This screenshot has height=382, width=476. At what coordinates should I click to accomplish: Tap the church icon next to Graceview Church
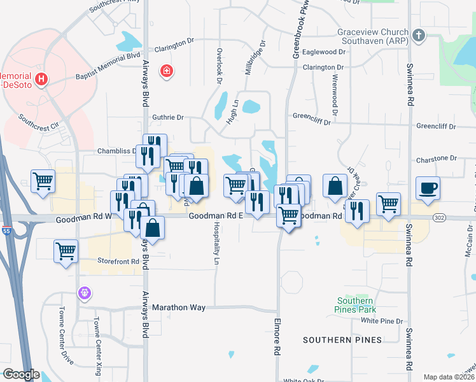pyautogui.click(x=418, y=36)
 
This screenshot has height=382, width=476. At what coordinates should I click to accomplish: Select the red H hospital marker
pyautogui.click(x=41, y=80)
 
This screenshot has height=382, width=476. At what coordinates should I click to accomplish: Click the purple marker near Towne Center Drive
pyautogui.click(x=85, y=294)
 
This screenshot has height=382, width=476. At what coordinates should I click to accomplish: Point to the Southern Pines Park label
pyautogui.click(x=355, y=305)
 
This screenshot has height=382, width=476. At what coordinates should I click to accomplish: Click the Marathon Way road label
pyautogui.click(x=179, y=308)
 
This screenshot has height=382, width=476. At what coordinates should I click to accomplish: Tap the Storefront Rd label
pyautogui.click(x=118, y=262)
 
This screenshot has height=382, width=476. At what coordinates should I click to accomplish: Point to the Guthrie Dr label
pyautogui.click(x=168, y=117)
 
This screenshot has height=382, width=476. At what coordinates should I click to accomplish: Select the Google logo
pyautogui.click(x=20, y=375)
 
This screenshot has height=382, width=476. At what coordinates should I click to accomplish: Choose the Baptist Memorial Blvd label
pyautogui.click(x=108, y=67)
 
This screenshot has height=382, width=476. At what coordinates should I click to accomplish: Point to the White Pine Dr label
pyautogui.click(x=382, y=321)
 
